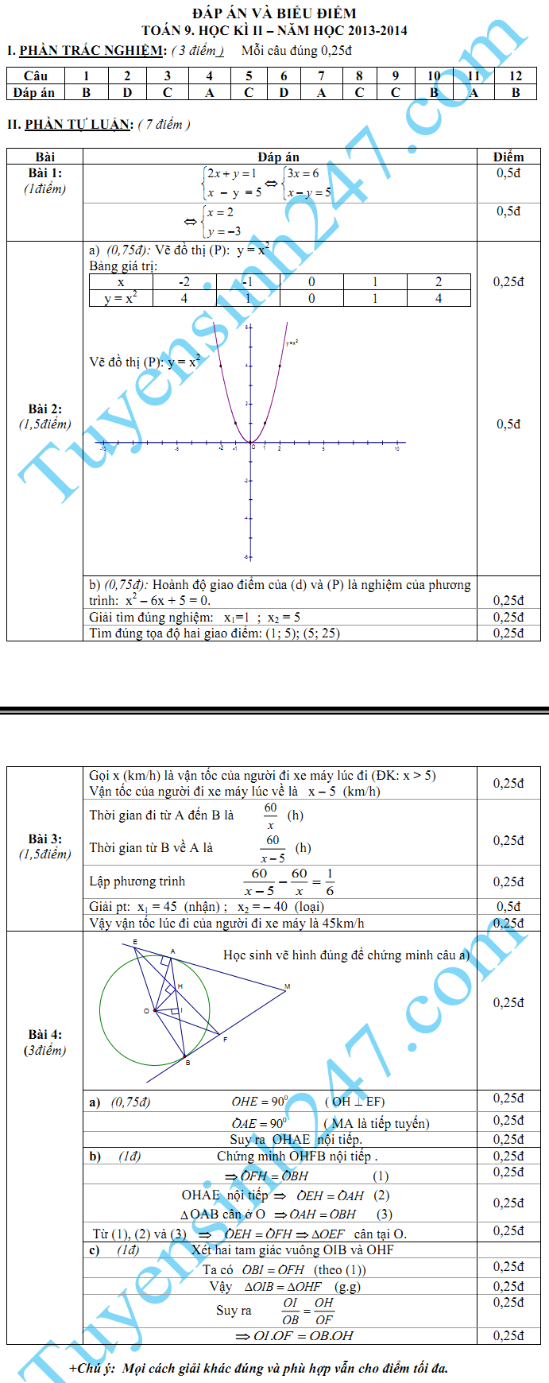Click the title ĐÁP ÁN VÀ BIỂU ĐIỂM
(274, 13)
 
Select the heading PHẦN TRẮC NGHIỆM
(92, 51)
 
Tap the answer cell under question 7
(321, 92)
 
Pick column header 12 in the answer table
(516, 76)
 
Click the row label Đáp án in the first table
(34, 92)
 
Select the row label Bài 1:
(45, 173)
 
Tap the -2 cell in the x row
(184, 282)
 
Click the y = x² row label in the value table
(121, 299)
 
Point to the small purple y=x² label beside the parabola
(292, 343)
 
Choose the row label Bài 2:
(45, 409)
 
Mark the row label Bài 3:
(45, 839)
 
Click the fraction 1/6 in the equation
(330, 881)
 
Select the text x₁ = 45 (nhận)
(173, 907)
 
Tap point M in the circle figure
(287, 987)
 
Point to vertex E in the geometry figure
(135, 942)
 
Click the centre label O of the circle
(147, 1011)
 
